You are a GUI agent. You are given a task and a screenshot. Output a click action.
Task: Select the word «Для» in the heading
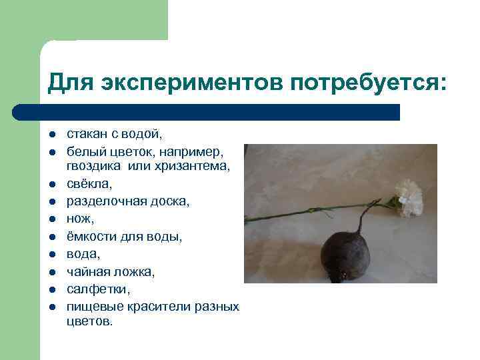pyautogui.click(x=70, y=84)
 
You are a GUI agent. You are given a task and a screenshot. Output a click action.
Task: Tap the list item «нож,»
pyautogui.click(x=79, y=217)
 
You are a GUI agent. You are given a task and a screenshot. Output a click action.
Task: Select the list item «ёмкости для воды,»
pyautogui.click(x=124, y=235)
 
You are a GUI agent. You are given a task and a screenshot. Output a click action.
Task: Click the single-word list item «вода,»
pyautogui.click(x=83, y=253)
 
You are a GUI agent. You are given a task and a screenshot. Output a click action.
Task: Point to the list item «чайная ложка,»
pyautogui.click(x=110, y=271)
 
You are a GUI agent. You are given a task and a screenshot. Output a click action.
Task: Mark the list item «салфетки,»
pyautogui.click(x=94, y=289)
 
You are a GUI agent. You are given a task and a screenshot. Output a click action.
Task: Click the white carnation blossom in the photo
pyautogui.click(x=409, y=198)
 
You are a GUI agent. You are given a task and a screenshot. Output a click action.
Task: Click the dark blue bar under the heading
pyautogui.click(x=207, y=112)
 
